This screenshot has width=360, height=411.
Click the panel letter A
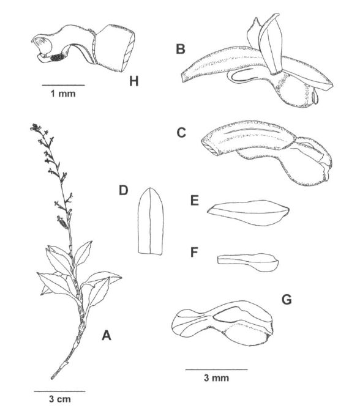click(x=107, y=335)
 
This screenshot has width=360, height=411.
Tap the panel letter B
click(x=181, y=49)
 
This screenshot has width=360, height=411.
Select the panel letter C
click(x=181, y=133)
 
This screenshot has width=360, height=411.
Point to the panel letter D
click(x=123, y=190)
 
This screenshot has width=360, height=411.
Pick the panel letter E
click(x=195, y=201)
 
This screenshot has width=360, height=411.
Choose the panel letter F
click(x=194, y=252)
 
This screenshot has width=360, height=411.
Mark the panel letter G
click(x=287, y=300)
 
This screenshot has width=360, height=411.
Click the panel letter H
click(x=133, y=81)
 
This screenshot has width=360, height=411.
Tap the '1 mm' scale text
click(x=63, y=94)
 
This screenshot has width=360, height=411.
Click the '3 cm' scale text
click(x=60, y=399)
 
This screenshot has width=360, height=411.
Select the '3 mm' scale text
click(x=217, y=378)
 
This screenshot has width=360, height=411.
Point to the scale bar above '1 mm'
click(x=64, y=85)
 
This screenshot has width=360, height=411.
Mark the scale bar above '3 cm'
click(x=60, y=391)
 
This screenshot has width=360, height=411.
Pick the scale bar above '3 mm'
click(x=217, y=369)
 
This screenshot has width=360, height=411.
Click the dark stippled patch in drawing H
click(x=58, y=57)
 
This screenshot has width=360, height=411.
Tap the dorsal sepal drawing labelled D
click(x=151, y=221)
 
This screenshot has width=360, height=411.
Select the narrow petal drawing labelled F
click(x=248, y=262)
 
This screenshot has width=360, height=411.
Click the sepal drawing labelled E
click(x=249, y=213)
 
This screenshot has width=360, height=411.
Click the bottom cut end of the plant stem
click(x=52, y=378)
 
